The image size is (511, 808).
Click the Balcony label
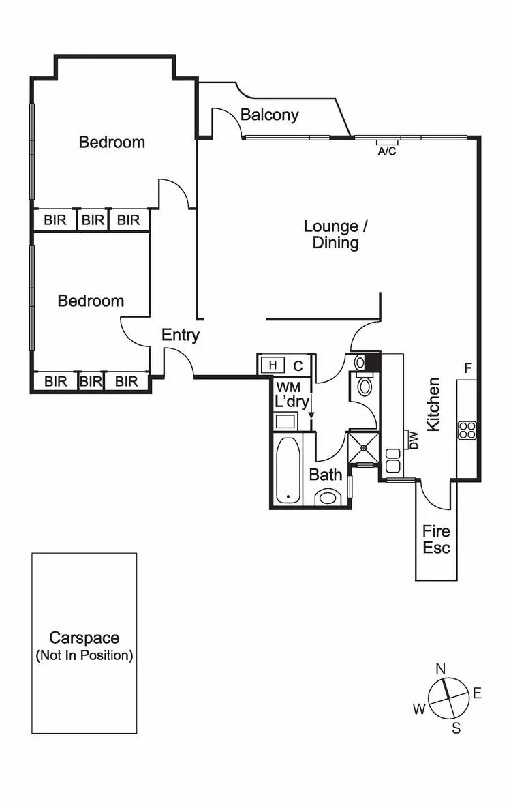(270, 115)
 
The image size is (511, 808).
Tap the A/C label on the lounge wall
(386, 151)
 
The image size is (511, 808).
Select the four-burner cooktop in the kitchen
(467, 430)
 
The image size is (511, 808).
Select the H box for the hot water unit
(273, 365)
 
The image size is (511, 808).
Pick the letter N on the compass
(441, 668)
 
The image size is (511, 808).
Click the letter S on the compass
(456, 728)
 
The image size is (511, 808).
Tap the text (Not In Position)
(84, 656)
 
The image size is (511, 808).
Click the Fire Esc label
(436, 539)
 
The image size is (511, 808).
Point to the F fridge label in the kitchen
(468, 368)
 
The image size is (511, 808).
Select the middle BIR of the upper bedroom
(93, 220)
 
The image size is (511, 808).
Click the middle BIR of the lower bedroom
(91, 381)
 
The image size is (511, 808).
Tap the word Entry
(181, 335)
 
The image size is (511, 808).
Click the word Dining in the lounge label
(336, 243)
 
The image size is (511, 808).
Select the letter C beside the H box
(298, 365)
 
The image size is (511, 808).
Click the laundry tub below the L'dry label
(285, 420)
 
